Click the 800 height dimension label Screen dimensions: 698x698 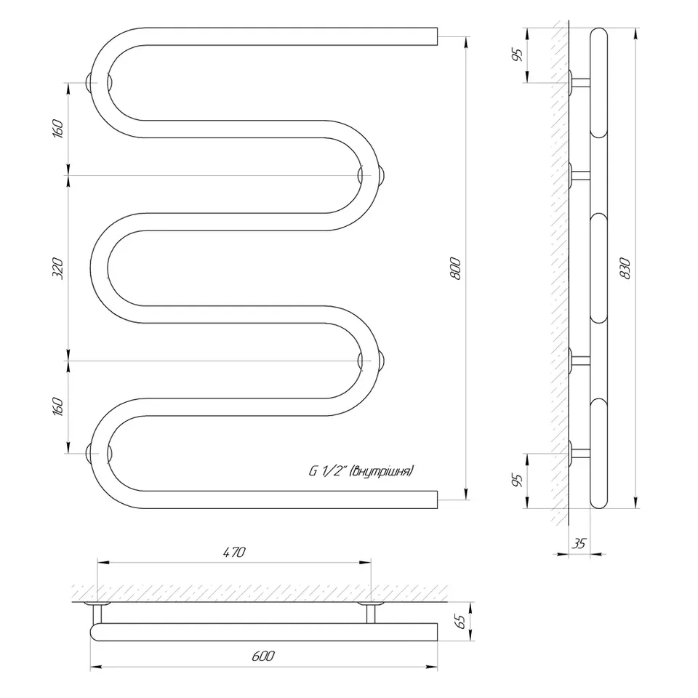click(x=455, y=268)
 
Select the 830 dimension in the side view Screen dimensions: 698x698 click(x=625, y=268)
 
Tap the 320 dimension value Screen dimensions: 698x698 click(x=58, y=268)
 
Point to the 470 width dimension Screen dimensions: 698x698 click(x=233, y=552)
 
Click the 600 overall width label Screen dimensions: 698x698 click(x=263, y=656)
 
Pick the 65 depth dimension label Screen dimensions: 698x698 click(x=461, y=622)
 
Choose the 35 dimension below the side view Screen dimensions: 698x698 click(x=579, y=543)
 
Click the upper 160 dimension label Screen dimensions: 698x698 click(x=58, y=129)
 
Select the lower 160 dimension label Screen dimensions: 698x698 click(x=58, y=406)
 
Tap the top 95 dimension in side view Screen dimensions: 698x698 click(x=517, y=55)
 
